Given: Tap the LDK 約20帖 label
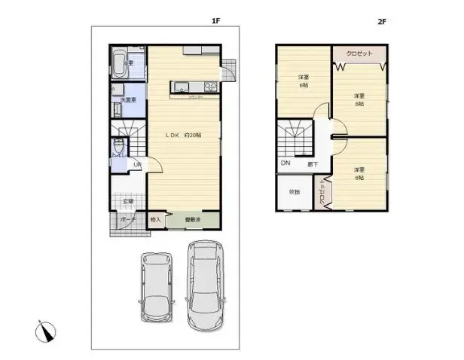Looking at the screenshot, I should click(183, 135).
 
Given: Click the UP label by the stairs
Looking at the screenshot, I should click(136, 165).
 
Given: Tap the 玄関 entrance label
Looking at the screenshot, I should click(128, 201).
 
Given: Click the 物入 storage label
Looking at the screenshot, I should click(156, 219).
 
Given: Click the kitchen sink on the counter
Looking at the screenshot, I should click(183, 89).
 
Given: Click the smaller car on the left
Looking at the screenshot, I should click(157, 287).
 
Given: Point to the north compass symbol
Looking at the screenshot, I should click(44, 329).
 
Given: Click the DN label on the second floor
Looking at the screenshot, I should click(285, 163).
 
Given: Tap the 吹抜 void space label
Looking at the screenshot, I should click(293, 191).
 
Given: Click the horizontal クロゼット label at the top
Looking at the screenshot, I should click(360, 54).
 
